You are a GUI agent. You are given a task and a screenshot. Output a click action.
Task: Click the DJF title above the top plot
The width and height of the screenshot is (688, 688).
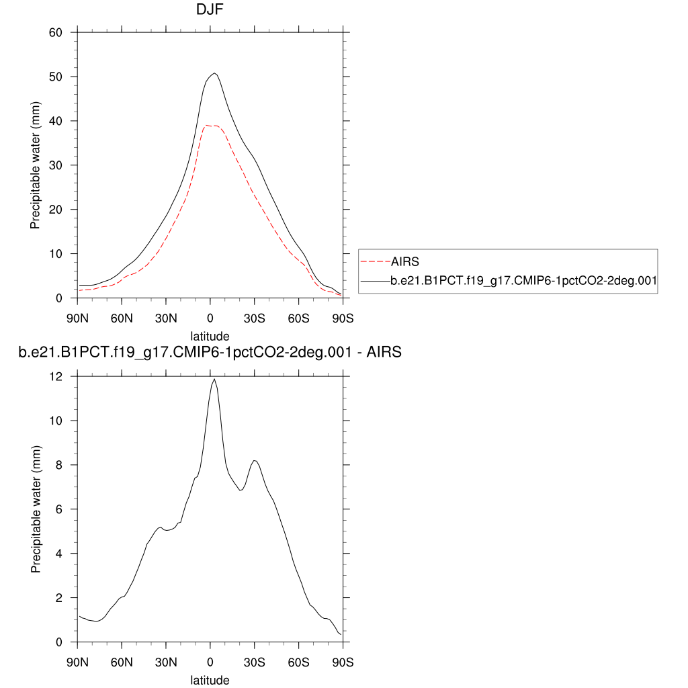(210, 10)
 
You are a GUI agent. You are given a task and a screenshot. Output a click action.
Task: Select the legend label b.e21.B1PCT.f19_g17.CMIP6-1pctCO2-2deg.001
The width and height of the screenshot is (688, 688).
(523, 283)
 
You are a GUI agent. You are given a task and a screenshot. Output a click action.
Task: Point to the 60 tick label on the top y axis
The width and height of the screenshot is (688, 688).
(56, 32)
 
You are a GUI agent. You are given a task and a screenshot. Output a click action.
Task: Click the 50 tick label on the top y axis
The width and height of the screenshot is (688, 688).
(56, 77)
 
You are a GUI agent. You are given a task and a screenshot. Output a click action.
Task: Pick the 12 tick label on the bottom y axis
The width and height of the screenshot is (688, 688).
(56, 377)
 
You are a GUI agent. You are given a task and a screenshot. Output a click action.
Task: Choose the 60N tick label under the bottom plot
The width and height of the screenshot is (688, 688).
(122, 662)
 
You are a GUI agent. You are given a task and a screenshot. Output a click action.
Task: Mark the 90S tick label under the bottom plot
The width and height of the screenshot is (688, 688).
(343, 662)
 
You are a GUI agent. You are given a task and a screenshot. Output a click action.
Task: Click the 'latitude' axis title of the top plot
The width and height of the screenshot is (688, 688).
(210, 336)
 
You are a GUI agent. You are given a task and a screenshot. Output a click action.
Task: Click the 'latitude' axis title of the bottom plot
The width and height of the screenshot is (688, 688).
(210, 680)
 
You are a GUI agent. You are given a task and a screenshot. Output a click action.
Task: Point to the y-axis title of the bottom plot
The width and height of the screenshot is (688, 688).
(36, 509)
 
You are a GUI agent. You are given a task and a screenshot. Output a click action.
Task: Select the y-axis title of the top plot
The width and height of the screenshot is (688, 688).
(36, 165)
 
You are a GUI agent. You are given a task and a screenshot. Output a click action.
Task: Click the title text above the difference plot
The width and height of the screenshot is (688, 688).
(210, 352)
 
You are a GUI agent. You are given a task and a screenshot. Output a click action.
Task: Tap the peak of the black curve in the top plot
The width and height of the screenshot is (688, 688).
(214, 73)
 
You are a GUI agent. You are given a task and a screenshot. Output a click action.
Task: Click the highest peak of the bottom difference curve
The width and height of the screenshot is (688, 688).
(214, 379)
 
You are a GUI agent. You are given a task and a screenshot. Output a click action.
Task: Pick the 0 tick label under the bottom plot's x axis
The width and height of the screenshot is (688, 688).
(210, 662)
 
